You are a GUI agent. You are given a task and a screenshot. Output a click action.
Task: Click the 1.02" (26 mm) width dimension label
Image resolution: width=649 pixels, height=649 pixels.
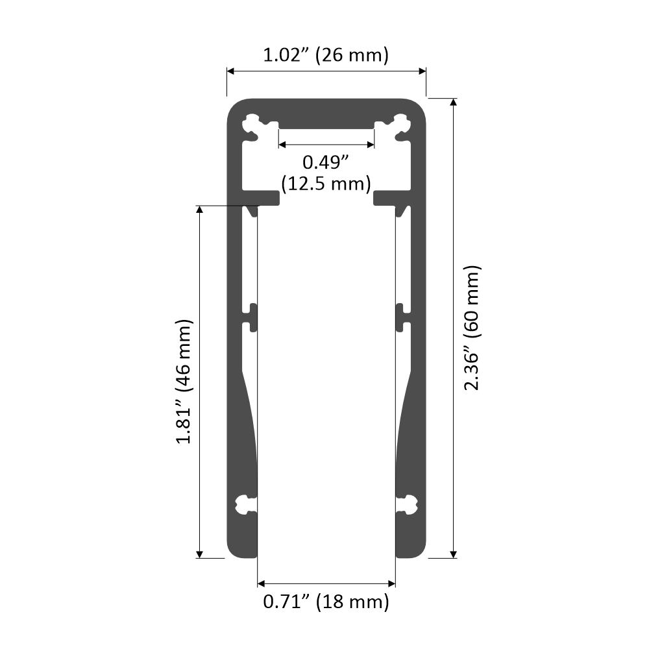[x=326, y=55]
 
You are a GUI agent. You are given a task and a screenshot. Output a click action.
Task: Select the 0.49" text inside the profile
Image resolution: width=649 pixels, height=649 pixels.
[x=326, y=160]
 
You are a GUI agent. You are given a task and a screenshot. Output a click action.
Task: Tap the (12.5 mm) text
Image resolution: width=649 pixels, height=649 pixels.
[x=326, y=183]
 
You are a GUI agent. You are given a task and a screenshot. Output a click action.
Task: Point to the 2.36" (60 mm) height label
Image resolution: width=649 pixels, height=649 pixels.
[x=472, y=328]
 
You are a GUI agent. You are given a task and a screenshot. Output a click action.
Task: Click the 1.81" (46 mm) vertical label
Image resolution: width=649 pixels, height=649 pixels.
[x=184, y=382]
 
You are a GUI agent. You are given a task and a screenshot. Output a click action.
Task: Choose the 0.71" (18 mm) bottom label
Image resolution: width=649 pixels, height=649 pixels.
[x=326, y=602]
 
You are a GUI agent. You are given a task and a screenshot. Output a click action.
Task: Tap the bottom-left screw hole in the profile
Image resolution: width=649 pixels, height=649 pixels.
[x=244, y=504]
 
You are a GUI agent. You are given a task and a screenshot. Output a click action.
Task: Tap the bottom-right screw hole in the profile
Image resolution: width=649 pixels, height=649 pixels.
[x=409, y=504]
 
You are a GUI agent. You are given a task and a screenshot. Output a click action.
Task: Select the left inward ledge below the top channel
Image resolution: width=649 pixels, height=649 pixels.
[x=263, y=197]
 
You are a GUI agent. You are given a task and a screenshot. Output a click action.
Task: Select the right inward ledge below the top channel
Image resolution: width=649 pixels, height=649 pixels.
[x=390, y=197]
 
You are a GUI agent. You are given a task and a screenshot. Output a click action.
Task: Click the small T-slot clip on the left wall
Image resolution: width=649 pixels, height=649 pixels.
[x=252, y=316]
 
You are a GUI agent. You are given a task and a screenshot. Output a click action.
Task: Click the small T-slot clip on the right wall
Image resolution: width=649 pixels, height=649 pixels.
[x=401, y=316]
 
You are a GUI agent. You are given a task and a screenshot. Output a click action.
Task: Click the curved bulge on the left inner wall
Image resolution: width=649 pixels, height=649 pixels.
[x=249, y=422]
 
